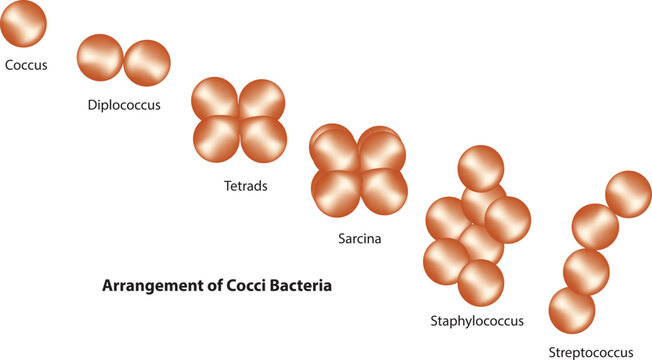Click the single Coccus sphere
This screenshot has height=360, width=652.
(22, 24)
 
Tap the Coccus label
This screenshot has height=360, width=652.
(26, 66)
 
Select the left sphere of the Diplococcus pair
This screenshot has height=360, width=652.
(100, 57)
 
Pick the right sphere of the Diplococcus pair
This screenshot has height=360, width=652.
(147, 63)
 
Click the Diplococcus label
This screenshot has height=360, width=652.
(124, 104)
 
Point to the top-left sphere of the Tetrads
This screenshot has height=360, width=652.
(215, 101)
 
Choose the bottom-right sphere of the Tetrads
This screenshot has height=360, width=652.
(264, 139)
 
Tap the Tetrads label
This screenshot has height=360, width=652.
(246, 185)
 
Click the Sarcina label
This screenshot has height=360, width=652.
(360, 239)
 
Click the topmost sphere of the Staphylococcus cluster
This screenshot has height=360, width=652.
(480, 168)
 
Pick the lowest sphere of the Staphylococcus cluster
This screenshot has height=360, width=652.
(480, 283)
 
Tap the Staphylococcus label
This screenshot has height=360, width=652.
(476, 321)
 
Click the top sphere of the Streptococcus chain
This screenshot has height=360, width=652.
(628, 194)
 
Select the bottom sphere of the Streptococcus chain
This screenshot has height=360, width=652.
(572, 311)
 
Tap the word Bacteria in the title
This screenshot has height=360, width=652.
(296, 285)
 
